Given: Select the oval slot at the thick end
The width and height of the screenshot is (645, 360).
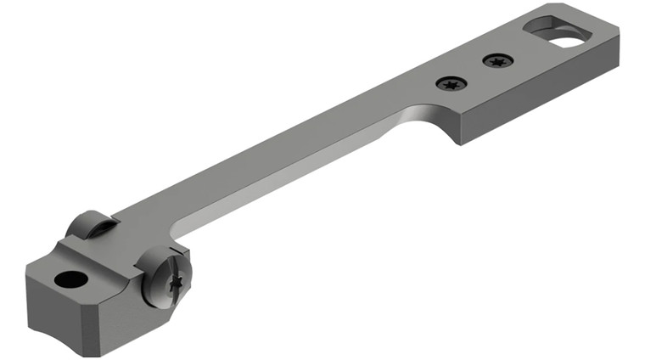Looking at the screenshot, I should coord(558,32).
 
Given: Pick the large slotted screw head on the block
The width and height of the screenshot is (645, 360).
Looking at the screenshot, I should coord(164,277).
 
